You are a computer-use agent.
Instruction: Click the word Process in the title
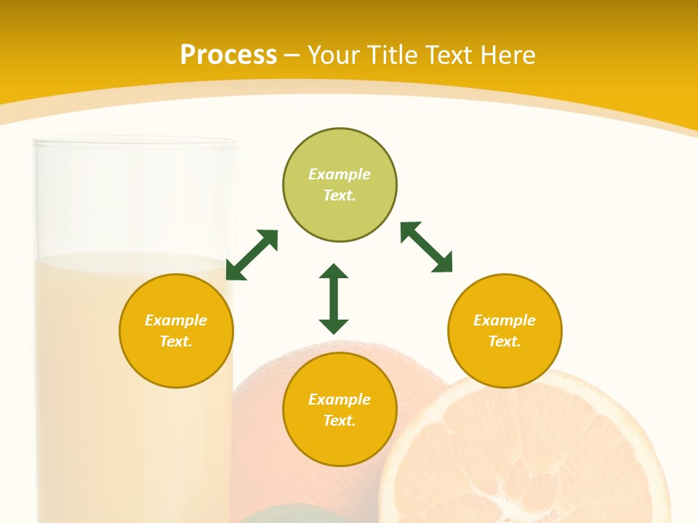(228, 55)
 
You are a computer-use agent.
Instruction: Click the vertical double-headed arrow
(334, 299)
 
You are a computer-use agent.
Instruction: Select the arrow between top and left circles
(252, 255)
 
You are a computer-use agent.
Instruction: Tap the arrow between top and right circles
(427, 247)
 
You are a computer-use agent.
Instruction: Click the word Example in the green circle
(340, 174)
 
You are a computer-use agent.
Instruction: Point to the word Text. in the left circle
(176, 341)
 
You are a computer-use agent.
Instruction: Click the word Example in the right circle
(505, 320)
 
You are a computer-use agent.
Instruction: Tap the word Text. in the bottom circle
(340, 421)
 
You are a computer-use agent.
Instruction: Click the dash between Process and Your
(292, 56)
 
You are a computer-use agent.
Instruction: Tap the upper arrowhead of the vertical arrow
(334, 272)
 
